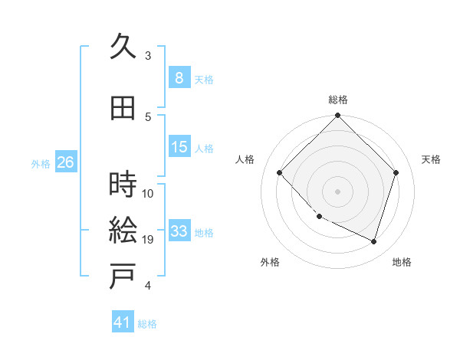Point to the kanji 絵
pyautogui.click(x=123, y=231)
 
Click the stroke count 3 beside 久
pyautogui.click(x=148, y=56)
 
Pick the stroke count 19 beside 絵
pyautogui.click(x=149, y=240)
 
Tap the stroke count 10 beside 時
pyautogui.click(x=149, y=193)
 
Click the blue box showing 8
pyautogui.click(x=179, y=78)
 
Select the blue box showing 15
pyautogui.click(x=179, y=147)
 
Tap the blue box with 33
pyautogui.click(x=179, y=231)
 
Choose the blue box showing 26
pyautogui.click(x=65, y=162)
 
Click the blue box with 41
pyautogui.click(x=123, y=322)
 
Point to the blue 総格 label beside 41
pyautogui.click(x=147, y=324)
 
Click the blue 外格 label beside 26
pyautogui.click(x=41, y=163)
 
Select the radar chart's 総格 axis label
pyautogui.click(x=338, y=100)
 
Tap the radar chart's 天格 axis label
pyautogui.click(x=432, y=159)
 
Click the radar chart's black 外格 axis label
pyautogui.click(x=270, y=262)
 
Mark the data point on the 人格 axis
pyautogui.click(x=280, y=173)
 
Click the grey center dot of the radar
pyautogui.click(x=337, y=191)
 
